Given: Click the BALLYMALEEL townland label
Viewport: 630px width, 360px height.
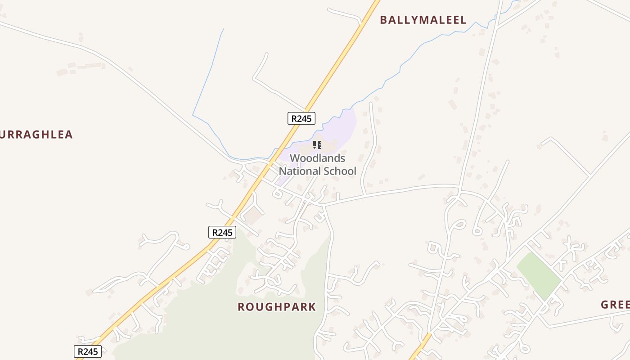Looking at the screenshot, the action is (x=423, y=20).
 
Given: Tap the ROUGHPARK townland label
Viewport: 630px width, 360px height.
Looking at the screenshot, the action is (x=277, y=307).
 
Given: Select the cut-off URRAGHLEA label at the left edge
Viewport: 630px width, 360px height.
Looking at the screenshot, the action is (x=36, y=135).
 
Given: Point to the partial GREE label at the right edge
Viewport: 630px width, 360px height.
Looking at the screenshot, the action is (x=615, y=305).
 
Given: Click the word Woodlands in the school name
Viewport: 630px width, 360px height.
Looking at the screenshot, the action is (x=317, y=158).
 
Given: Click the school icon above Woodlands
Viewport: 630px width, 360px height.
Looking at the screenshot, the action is (x=317, y=145).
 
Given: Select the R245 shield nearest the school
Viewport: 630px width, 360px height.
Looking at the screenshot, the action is (x=301, y=118).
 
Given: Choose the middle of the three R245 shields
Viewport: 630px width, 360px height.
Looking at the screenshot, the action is (x=222, y=232).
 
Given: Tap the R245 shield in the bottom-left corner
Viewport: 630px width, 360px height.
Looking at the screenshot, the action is (x=87, y=351).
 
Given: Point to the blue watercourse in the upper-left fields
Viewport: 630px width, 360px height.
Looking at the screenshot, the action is (x=208, y=76).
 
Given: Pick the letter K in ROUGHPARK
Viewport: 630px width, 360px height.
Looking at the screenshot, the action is (x=312, y=307).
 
